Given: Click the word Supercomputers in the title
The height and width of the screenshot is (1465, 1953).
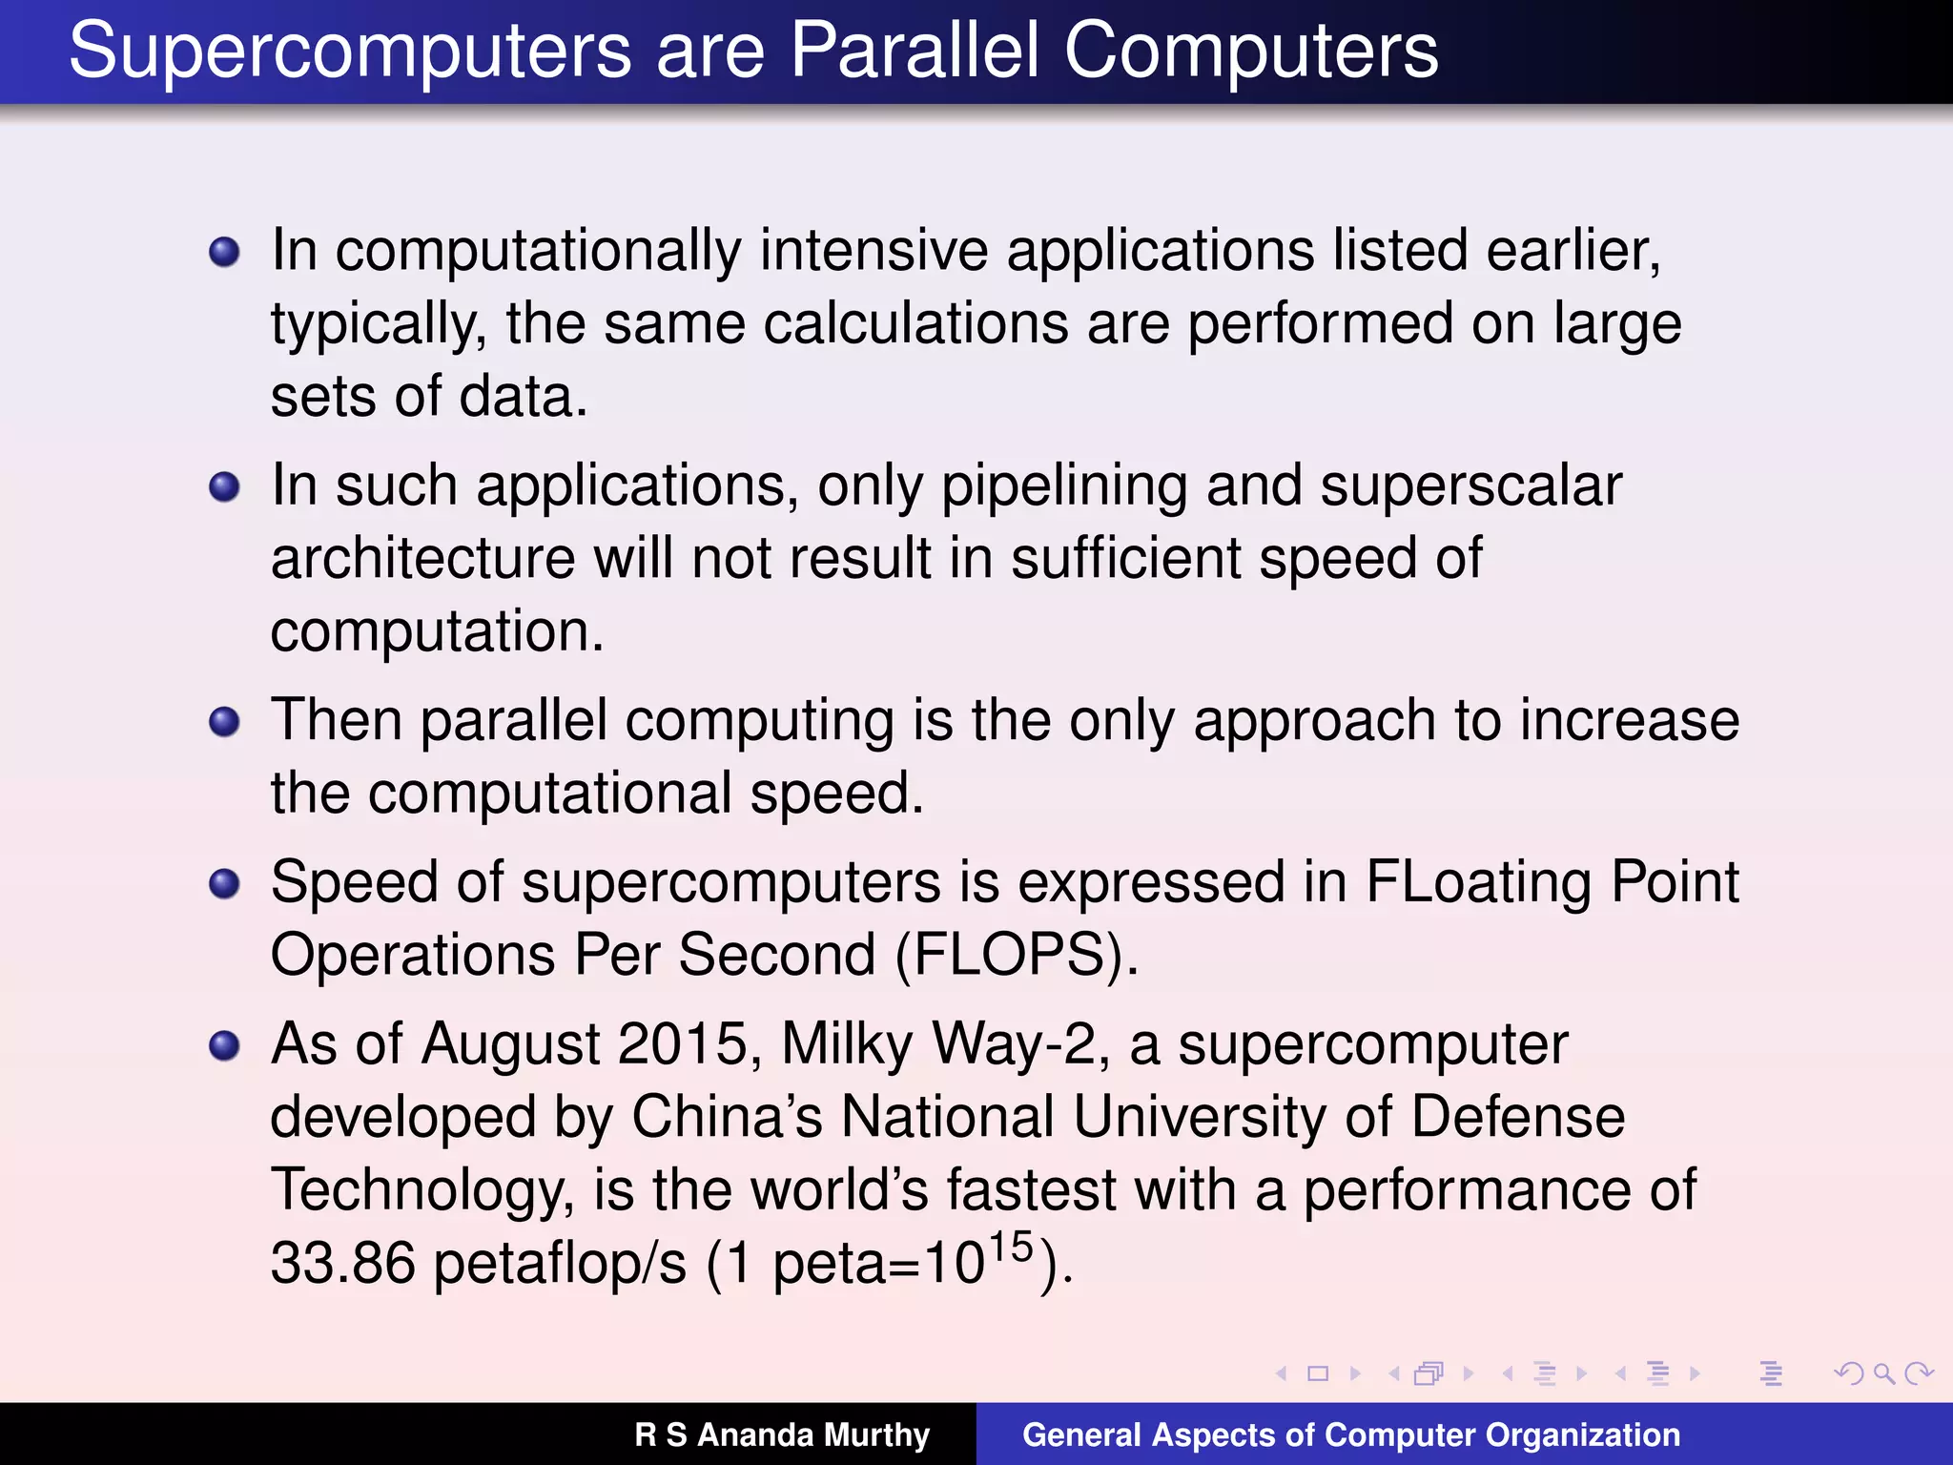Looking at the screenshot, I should pyautogui.click(x=350, y=52).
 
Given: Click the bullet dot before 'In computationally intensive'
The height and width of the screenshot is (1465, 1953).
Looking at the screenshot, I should pyautogui.click(x=224, y=252).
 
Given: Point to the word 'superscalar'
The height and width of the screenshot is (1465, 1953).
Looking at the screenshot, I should pyautogui.click(x=1470, y=486).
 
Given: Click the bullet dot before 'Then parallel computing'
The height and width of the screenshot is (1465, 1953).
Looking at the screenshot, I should pyautogui.click(x=224, y=721).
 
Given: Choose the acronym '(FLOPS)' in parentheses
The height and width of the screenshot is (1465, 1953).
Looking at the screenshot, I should pyautogui.click(x=1016, y=955).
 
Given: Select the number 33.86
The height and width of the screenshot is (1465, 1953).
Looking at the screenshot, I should pyautogui.click(x=343, y=1263).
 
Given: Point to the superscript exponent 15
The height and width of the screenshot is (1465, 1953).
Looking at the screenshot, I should pyautogui.click(x=1011, y=1246).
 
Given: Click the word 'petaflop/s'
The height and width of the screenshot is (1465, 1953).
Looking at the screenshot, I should pyautogui.click(x=560, y=1263).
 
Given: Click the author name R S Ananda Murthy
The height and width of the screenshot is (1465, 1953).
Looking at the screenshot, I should pyautogui.click(x=782, y=1434).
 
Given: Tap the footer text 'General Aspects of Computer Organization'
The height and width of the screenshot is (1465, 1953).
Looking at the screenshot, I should pyautogui.click(x=1350, y=1434).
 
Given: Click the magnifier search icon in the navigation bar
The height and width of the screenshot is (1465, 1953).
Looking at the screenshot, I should pyautogui.click(x=1883, y=1373).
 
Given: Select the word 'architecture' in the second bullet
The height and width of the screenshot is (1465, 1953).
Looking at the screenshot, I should pyautogui.click(x=422, y=559).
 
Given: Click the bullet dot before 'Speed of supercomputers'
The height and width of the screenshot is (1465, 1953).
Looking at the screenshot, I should pyautogui.click(x=224, y=883).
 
